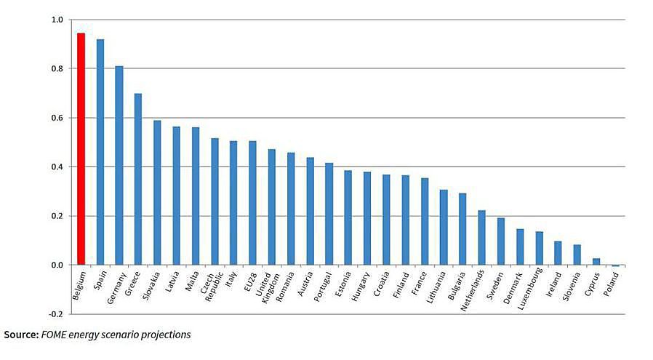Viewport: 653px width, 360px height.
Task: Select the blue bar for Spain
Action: (100, 152)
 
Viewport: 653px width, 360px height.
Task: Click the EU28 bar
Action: (252, 203)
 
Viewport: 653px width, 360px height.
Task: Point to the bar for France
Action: (424, 221)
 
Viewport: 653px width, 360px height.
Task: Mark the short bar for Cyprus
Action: (596, 262)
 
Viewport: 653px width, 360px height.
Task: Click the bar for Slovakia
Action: (157, 193)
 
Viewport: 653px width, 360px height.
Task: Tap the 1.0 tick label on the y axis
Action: (57, 20)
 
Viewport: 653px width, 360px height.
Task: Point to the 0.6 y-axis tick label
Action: (57, 118)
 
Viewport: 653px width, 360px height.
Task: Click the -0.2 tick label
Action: (56, 314)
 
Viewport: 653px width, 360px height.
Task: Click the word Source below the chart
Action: (22, 335)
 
